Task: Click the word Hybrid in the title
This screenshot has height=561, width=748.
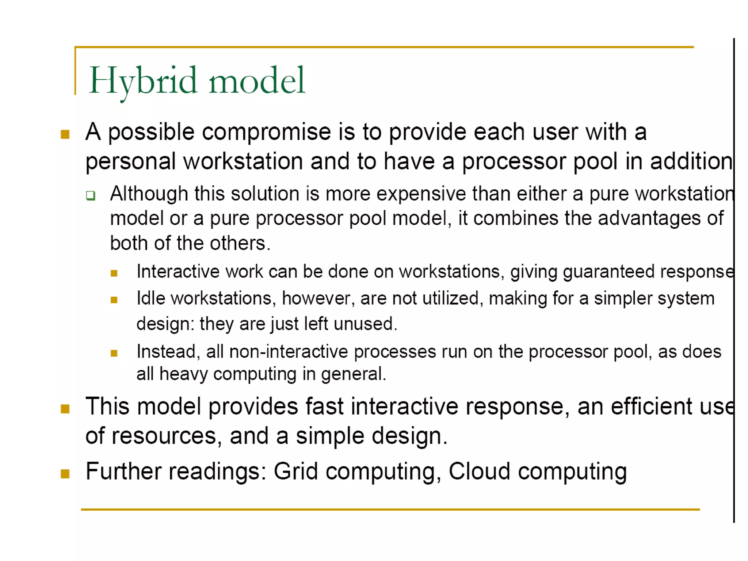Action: tap(142, 81)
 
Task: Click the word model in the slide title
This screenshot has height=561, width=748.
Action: tap(256, 81)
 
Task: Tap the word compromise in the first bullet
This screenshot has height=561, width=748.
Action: tap(266, 132)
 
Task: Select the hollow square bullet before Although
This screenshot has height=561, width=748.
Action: tap(91, 195)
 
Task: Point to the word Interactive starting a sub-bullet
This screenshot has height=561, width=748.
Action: tap(178, 272)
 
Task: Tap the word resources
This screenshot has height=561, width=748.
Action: tap(164, 436)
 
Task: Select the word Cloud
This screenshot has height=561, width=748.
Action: tap(479, 472)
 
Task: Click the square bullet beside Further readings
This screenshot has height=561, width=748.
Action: tap(65, 474)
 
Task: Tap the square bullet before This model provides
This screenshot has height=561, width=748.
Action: tap(65, 409)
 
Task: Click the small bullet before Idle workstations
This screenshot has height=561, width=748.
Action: tap(114, 300)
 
